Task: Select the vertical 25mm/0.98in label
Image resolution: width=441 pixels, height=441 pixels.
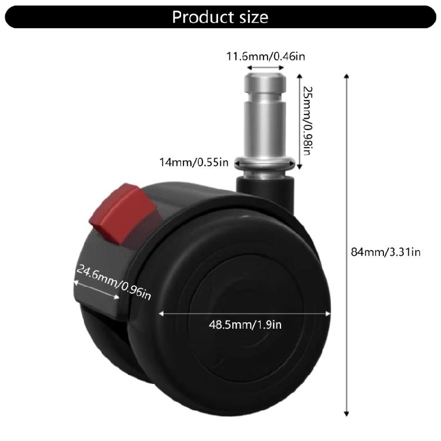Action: point(306,121)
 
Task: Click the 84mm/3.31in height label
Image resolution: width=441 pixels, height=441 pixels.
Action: point(385,252)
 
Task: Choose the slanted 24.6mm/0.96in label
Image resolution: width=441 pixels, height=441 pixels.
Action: point(113,282)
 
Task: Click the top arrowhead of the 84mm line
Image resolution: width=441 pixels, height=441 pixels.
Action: point(348,77)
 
